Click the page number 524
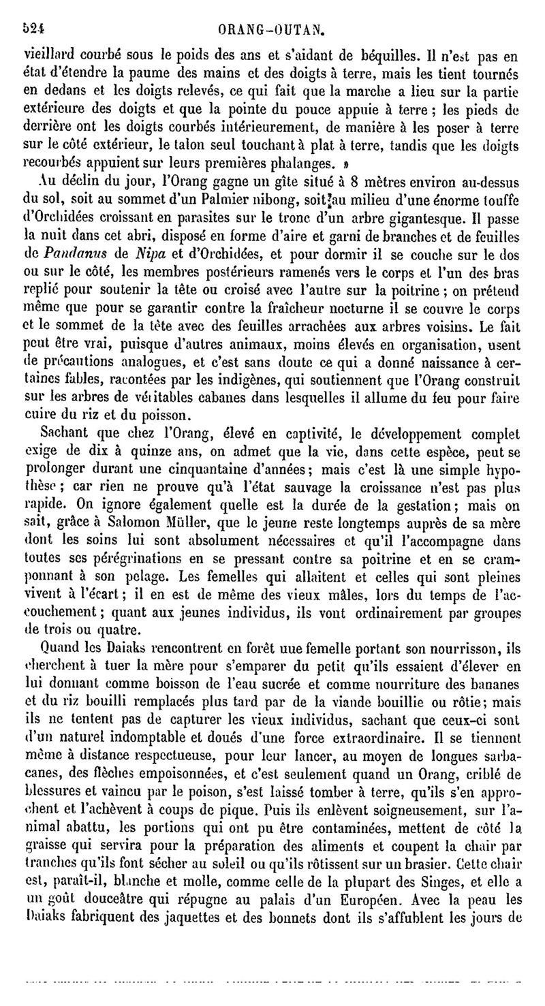pyautogui.click(x=33, y=29)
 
